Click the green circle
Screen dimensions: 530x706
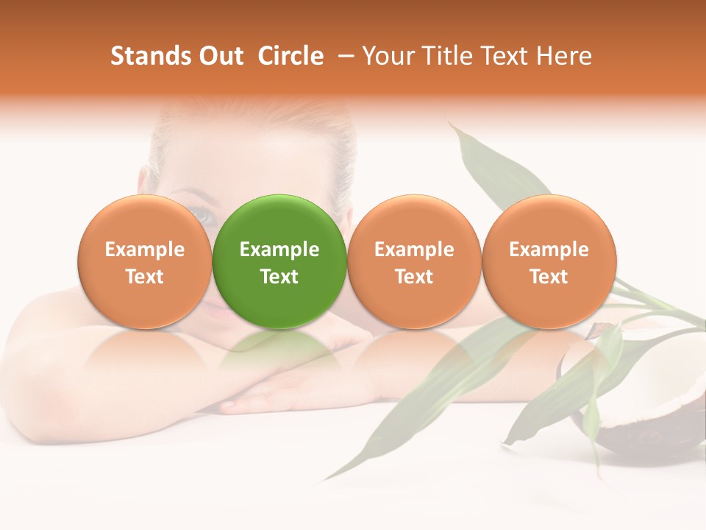click(279, 261)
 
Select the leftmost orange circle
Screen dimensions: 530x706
click(145, 261)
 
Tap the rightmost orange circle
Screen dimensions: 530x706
click(549, 261)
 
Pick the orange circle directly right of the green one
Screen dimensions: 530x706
click(414, 261)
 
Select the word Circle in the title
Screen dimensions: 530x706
click(290, 56)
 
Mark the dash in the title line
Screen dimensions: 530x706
click(347, 56)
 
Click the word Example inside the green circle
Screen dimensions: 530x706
click(279, 250)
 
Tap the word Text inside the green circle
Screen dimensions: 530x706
click(279, 277)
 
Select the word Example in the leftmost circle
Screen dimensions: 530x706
click(145, 250)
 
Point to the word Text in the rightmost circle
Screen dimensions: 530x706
click(549, 277)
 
